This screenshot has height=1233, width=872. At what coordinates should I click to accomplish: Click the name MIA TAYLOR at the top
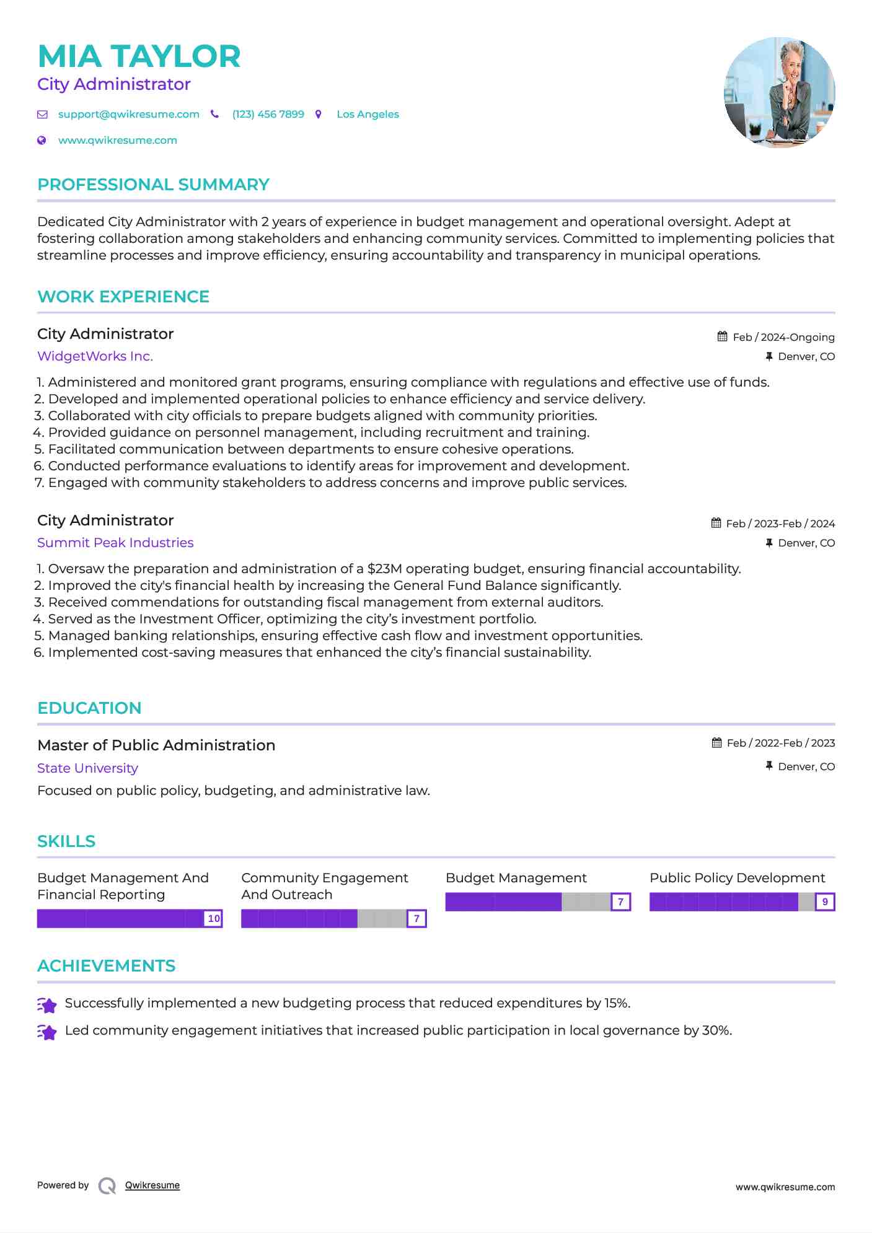coord(139,56)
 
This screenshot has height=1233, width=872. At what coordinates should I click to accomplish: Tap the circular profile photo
coord(779,92)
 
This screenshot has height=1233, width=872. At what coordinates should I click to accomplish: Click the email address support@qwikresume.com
coord(128,115)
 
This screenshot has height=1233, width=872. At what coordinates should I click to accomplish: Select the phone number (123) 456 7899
coord(268,115)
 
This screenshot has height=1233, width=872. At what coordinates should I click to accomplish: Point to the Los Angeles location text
coord(368,115)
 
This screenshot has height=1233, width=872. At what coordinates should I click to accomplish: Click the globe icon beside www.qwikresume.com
coord(42,141)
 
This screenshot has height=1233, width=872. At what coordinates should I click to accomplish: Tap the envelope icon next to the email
coord(42,115)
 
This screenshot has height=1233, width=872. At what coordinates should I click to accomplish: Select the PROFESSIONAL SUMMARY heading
coord(153,185)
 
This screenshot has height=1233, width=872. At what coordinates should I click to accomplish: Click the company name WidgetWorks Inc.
coord(95,356)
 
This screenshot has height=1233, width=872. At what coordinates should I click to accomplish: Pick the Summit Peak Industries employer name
coord(115,543)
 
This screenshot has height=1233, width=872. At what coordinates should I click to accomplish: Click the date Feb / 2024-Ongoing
coord(783,337)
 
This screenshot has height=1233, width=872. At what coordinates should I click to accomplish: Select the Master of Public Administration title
coord(156,745)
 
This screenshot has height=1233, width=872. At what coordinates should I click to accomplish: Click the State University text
coord(87,768)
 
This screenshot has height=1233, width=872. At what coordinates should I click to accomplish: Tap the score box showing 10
coord(213,919)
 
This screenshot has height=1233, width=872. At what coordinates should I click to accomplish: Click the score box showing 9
coord(825,902)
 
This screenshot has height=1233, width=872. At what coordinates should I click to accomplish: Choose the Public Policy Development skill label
coord(737,878)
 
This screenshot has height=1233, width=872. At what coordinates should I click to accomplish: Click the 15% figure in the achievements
coord(616,1003)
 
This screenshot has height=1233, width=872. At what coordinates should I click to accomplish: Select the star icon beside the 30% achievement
coord(47,1032)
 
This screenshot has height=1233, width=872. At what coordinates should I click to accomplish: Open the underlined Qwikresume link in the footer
coord(152,1185)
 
